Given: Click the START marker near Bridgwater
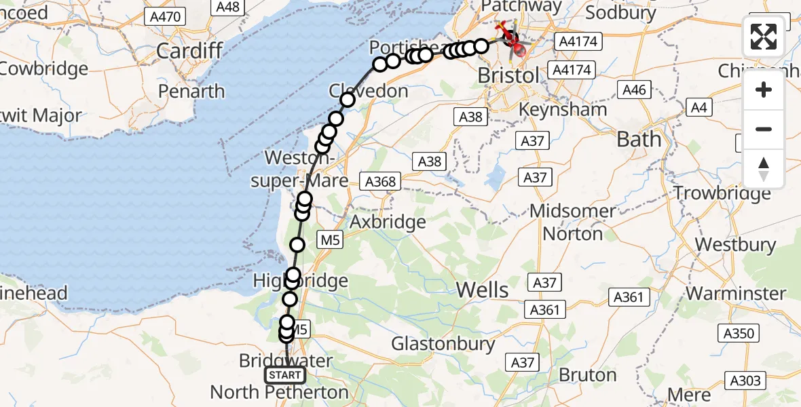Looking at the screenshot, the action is coord(285,375).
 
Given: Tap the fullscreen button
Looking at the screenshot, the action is coord(764,37).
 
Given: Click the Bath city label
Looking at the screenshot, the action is coord(638,140).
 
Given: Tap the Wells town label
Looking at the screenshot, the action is coord(482,290).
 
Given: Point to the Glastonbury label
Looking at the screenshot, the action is coord(443,343).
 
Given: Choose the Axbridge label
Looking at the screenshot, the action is coord(388,222).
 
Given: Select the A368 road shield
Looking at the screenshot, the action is coord(382,182).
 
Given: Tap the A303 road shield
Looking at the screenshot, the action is coord(745,381).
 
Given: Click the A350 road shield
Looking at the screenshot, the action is coord(738,333).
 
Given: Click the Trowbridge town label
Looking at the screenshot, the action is coord(722,193).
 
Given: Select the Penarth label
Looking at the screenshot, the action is coord(192,91).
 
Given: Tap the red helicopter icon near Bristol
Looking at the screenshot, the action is coord(516,46).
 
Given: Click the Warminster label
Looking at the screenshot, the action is coord(736,294).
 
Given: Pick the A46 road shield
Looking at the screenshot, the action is coord(633,90).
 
